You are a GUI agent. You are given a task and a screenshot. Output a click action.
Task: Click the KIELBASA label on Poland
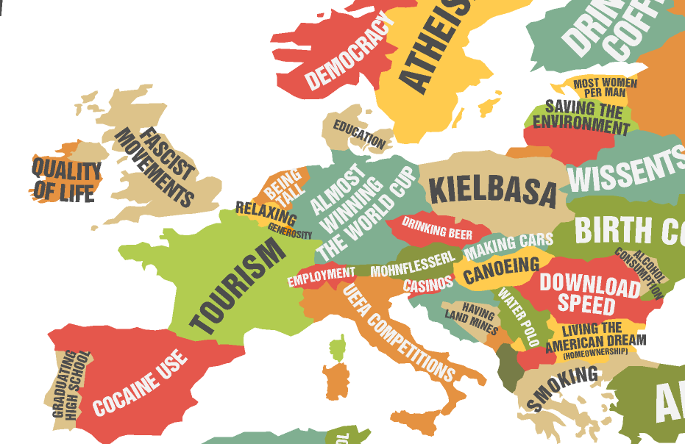pyautogui.click(x=493, y=190)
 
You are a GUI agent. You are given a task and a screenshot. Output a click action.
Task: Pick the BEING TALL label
pyautogui.click(x=283, y=190)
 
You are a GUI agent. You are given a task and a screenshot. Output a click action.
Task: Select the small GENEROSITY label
pyautogui.click(x=290, y=233)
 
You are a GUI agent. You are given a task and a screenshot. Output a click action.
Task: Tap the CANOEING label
pyautogui.click(x=501, y=271)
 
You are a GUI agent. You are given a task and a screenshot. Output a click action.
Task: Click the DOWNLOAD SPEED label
pyautogui.click(x=589, y=293)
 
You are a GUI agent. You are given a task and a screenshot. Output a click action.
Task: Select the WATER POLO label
pyautogui.click(x=519, y=317)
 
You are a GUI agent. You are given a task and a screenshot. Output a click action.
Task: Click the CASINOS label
pyautogui.click(x=427, y=284)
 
